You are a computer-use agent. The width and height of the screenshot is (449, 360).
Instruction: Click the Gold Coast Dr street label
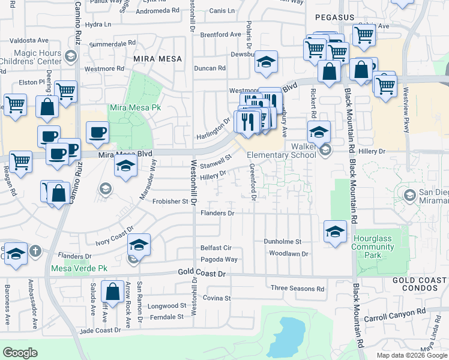tap(202, 272)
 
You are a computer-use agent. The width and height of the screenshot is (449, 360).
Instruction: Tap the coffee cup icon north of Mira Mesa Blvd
tap(97, 133)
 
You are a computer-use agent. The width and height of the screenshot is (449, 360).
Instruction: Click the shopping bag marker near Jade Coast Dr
tap(112, 292)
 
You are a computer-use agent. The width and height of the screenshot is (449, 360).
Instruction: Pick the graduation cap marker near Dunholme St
tap(335, 232)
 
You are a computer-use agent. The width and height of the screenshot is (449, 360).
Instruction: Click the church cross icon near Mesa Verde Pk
tap(35, 250)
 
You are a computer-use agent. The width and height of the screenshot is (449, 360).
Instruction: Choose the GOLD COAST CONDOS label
tap(420, 286)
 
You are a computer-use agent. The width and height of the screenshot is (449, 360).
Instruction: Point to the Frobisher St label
tap(171, 202)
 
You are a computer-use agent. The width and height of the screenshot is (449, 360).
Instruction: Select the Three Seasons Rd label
tap(297, 289)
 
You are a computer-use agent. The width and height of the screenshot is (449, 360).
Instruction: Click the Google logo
tap(20, 353)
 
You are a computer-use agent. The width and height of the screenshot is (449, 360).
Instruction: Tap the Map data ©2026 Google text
tap(411, 355)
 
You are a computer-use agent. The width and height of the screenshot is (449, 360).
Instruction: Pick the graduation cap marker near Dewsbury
tap(266, 62)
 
